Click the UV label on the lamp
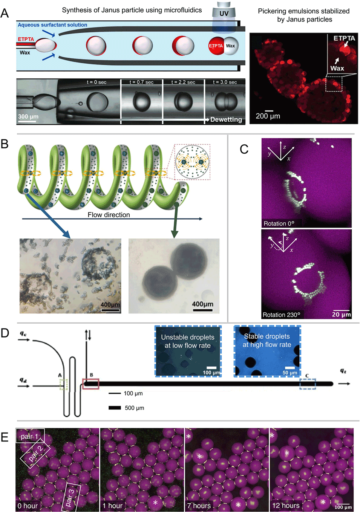(224, 14)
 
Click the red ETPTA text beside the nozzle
(26, 39)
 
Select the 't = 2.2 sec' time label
(183, 82)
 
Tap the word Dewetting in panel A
(226, 119)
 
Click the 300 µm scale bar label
(28, 116)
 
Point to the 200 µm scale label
(268, 116)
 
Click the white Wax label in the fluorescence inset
(337, 68)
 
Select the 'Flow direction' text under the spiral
(109, 215)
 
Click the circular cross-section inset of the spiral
(192, 162)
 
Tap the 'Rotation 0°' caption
(279, 223)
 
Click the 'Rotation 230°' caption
(281, 315)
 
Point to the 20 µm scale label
(341, 314)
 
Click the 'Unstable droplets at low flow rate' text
(188, 341)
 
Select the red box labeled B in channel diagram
(91, 384)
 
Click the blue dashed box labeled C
(308, 384)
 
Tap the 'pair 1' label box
(30, 436)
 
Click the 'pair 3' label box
(71, 497)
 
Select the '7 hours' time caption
(199, 506)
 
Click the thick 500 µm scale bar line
(115, 408)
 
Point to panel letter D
(5, 333)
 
